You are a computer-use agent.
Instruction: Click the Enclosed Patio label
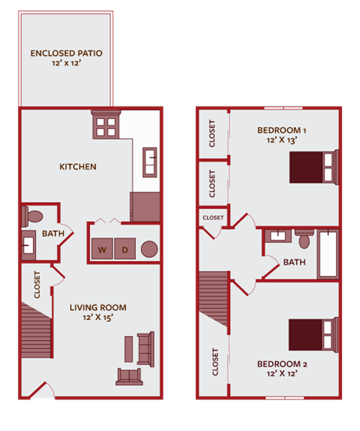pyautogui.click(x=67, y=53)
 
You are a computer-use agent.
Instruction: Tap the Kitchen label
pyautogui.click(x=78, y=166)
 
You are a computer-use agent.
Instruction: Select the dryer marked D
pyautogui.click(x=125, y=250)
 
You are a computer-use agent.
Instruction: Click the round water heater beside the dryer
pyautogui.click(x=148, y=250)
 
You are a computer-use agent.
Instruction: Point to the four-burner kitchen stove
pyautogui.click(x=104, y=124)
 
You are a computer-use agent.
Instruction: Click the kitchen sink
pyautogui.click(x=149, y=161)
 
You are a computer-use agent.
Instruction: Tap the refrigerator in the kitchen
pyautogui.click(x=145, y=207)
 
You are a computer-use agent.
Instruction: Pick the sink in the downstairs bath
pyautogui.click(x=30, y=245)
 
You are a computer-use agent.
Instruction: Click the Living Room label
pyautogui.click(x=97, y=307)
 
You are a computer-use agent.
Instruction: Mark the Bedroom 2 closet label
pyautogui.click(x=215, y=361)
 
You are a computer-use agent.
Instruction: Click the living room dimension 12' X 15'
pyautogui.click(x=97, y=319)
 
